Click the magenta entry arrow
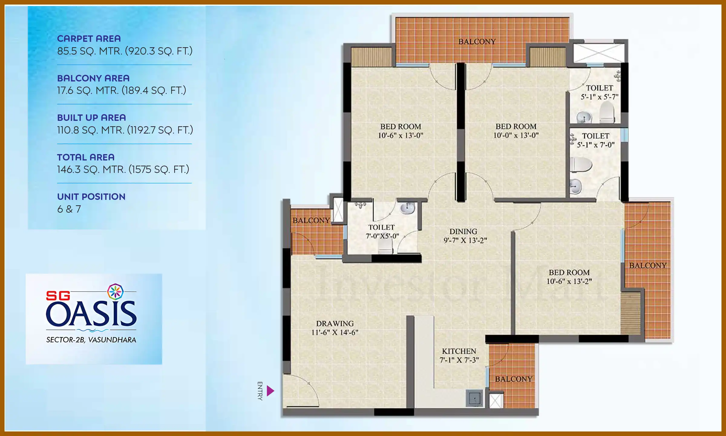270,391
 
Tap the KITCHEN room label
459,351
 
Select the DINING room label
463,232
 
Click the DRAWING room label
335,324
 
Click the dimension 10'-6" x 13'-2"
569,281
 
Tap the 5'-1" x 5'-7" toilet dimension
599,97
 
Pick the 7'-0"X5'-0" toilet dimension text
382,236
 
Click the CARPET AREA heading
89,39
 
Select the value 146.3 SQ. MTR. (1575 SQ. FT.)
123,169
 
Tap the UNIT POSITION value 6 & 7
69,209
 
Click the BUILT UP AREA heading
91,117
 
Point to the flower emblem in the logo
115,292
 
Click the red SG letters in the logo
58,296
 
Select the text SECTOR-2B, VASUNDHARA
91,340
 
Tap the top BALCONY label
477,42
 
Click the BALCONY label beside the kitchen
513,379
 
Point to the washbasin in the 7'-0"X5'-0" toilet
407,208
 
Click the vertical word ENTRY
260,391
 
